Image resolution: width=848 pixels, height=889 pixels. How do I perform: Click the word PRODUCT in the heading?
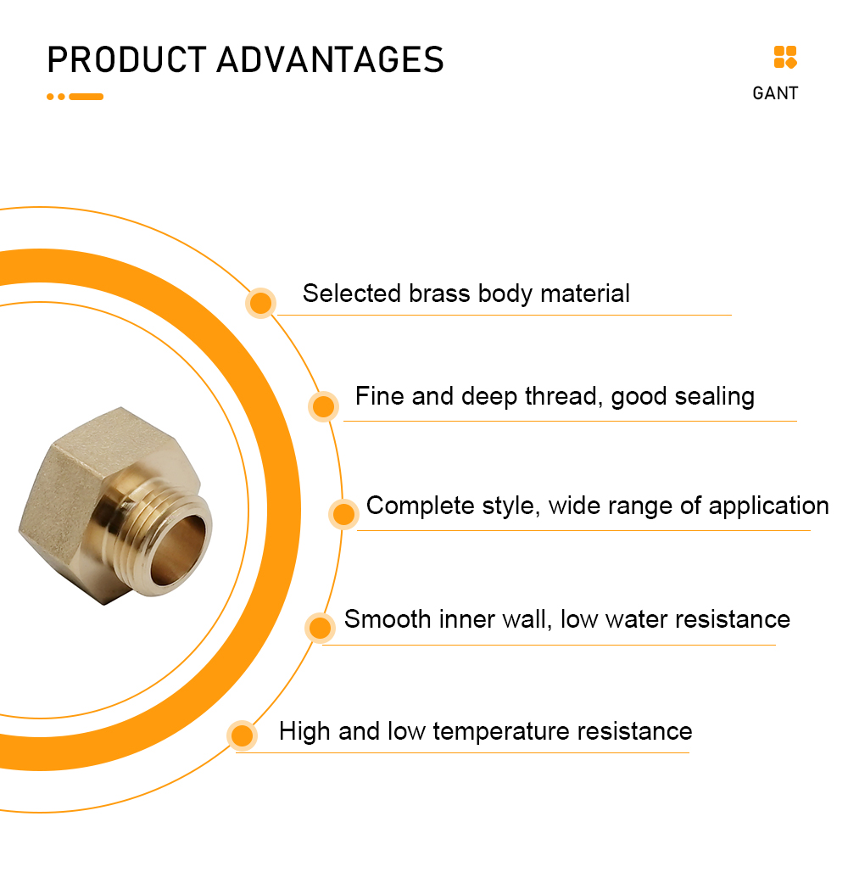click(x=126, y=59)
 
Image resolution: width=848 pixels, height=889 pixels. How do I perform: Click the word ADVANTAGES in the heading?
click(x=331, y=59)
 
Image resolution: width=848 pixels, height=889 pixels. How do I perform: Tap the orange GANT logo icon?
click(x=785, y=58)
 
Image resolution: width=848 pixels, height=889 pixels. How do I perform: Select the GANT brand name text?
click(x=775, y=93)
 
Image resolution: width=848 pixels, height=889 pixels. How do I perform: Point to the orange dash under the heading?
click(x=86, y=97)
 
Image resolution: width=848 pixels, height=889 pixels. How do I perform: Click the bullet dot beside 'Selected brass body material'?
click(x=260, y=303)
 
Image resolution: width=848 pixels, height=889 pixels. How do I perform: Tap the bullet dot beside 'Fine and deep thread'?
click(x=324, y=406)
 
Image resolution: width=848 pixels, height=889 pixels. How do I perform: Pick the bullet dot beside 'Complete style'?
click(x=343, y=514)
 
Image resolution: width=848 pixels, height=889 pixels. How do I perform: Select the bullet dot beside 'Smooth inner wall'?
click(x=321, y=628)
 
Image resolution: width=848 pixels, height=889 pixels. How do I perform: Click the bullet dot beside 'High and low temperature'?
click(x=242, y=736)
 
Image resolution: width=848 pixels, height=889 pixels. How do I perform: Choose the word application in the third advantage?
click(x=768, y=506)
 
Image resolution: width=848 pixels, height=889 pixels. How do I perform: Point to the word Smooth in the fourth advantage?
click(x=388, y=619)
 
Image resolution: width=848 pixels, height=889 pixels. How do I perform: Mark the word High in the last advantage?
click(x=304, y=732)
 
